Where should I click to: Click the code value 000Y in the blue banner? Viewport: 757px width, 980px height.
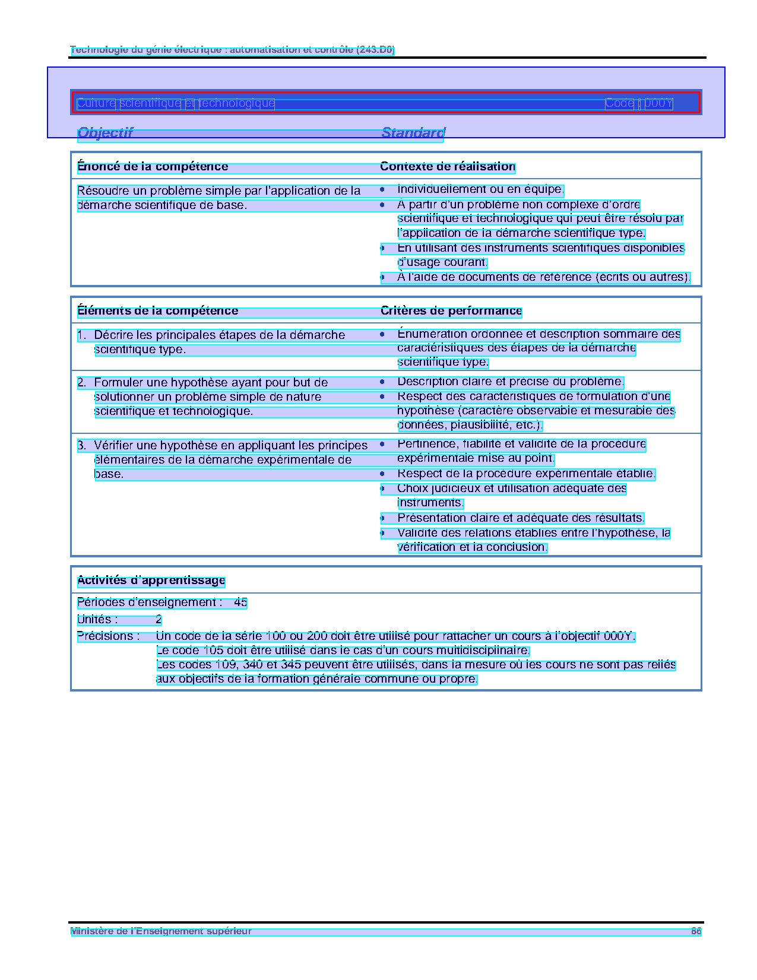pyautogui.click(x=658, y=103)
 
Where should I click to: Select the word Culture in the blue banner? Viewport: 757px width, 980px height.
pyautogui.click(x=96, y=103)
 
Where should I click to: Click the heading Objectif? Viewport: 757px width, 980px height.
pyautogui.click(x=105, y=132)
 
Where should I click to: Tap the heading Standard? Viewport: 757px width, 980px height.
pyautogui.click(x=413, y=132)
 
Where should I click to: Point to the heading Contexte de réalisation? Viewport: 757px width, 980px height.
pyautogui.click(x=448, y=167)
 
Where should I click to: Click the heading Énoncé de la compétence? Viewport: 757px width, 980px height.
pyautogui.click(x=153, y=167)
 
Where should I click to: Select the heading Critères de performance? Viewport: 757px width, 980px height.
pyautogui.click(x=451, y=311)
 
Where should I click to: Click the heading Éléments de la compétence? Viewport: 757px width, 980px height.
pyautogui.click(x=157, y=311)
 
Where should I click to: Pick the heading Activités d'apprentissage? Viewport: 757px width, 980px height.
pyautogui.click(x=151, y=581)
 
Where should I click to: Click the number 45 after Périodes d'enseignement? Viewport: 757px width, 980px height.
pyautogui.click(x=240, y=602)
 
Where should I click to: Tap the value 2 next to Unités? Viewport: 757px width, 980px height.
pyautogui.click(x=159, y=620)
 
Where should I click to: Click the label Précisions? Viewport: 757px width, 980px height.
pyautogui.click(x=108, y=636)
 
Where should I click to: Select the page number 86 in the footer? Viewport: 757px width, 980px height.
pyautogui.click(x=696, y=931)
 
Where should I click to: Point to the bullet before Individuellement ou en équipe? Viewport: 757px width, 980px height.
pyautogui.click(x=382, y=190)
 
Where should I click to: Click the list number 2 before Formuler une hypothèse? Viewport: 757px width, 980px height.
pyautogui.click(x=81, y=383)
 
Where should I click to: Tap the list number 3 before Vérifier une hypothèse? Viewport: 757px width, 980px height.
pyautogui.click(x=81, y=445)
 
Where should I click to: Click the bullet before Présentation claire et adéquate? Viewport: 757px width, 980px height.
pyautogui.click(x=382, y=518)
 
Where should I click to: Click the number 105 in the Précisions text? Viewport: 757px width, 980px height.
pyautogui.click(x=213, y=651)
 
